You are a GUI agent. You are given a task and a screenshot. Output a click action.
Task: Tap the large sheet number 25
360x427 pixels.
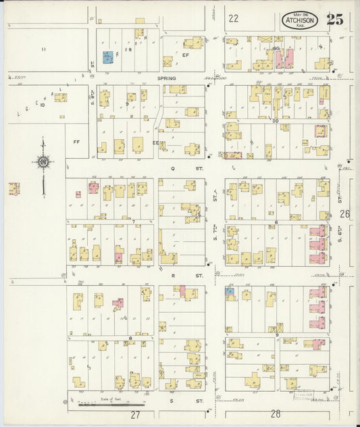[334, 20]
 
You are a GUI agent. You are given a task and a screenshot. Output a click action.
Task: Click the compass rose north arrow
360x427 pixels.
[44, 162]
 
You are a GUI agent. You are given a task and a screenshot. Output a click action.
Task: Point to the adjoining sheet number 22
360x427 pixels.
[234, 19]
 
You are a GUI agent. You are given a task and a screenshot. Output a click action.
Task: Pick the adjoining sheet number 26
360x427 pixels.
[345, 214]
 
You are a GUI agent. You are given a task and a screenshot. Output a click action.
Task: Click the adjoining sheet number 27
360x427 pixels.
[136, 413]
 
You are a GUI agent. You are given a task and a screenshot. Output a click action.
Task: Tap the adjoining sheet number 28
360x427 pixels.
[275, 413]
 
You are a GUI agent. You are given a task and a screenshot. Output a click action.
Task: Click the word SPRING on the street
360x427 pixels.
[166, 78]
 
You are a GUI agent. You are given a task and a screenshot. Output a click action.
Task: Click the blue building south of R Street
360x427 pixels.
[230, 292]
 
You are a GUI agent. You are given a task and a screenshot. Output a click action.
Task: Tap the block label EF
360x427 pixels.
[184, 56]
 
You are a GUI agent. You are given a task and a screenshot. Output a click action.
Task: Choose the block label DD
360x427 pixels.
[275, 120]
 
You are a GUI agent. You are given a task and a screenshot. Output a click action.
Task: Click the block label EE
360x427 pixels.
[155, 143]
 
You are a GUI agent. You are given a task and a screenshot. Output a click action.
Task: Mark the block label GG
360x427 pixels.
[276, 49]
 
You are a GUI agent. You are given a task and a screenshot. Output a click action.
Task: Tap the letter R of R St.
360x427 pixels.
[173, 276]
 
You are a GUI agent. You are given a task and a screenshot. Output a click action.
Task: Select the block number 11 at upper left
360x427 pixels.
[43, 49]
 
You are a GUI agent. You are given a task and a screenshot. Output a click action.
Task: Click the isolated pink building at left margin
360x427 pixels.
[14, 189]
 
